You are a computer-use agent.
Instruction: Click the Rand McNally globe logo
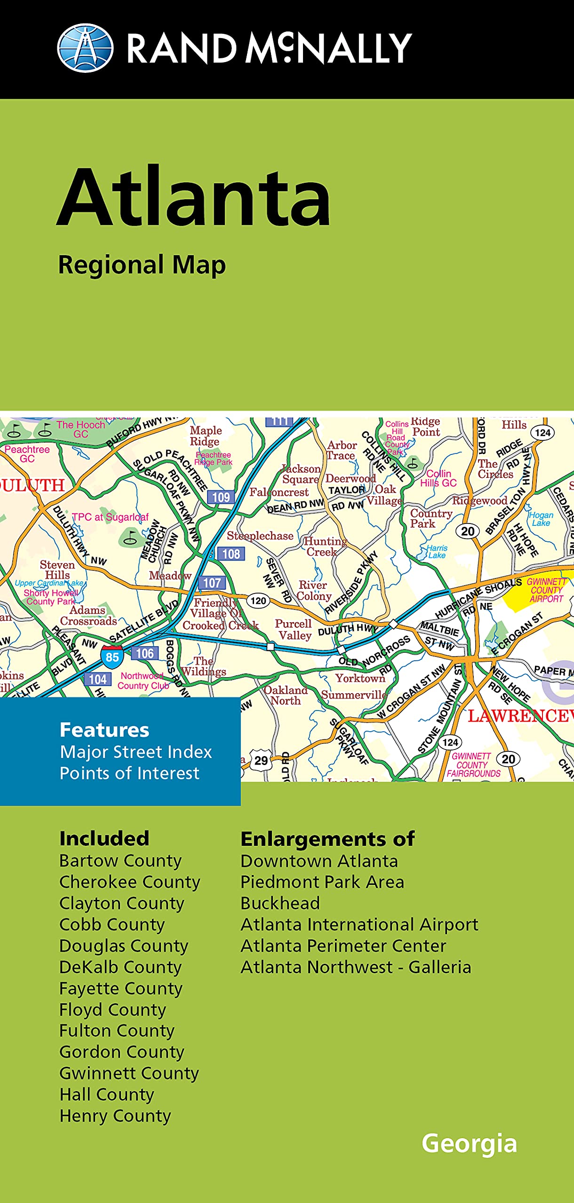tap(85, 48)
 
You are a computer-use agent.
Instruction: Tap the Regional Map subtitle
tap(142, 265)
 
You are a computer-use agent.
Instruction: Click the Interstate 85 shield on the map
tap(112, 656)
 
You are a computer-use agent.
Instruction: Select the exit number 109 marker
tap(221, 497)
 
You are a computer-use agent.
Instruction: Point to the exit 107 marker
tap(212, 583)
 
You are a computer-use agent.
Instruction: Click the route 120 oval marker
tap(258, 601)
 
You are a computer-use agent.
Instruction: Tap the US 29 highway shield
tap(261, 761)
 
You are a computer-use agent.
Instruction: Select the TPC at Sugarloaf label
tap(110, 517)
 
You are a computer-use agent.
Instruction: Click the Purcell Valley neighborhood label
tap(294, 630)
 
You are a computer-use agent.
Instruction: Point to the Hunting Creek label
tap(325, 547)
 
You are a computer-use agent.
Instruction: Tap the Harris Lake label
tap(437, 552)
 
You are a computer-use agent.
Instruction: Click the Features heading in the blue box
tap(104, 730)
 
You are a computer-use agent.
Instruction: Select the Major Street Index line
tap(136, 752)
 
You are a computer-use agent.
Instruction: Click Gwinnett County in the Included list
tap(129, 1074)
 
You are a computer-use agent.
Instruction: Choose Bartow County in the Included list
tap(120, 861)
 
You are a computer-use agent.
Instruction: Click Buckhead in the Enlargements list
tap(280, 903)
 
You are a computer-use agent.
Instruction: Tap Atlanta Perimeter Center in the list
tap(343, 946)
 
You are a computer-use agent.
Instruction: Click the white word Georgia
tap(469, 1143)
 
